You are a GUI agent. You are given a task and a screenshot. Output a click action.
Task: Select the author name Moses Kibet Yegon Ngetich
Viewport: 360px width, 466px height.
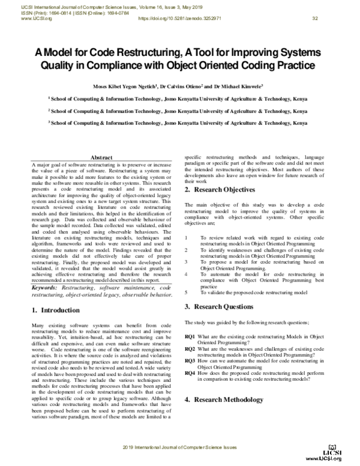(124, 86)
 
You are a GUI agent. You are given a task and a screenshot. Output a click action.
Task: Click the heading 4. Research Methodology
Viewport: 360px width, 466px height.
(226, 399)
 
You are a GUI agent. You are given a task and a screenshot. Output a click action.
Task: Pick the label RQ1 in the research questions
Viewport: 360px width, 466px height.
(190, 337)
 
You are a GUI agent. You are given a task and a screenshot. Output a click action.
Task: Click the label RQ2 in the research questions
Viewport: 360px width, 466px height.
(190, 349)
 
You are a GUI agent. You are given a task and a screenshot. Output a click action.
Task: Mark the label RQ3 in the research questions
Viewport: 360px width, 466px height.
(190, 361)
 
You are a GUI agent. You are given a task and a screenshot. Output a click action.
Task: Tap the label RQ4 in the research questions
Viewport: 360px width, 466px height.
(190, 372)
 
